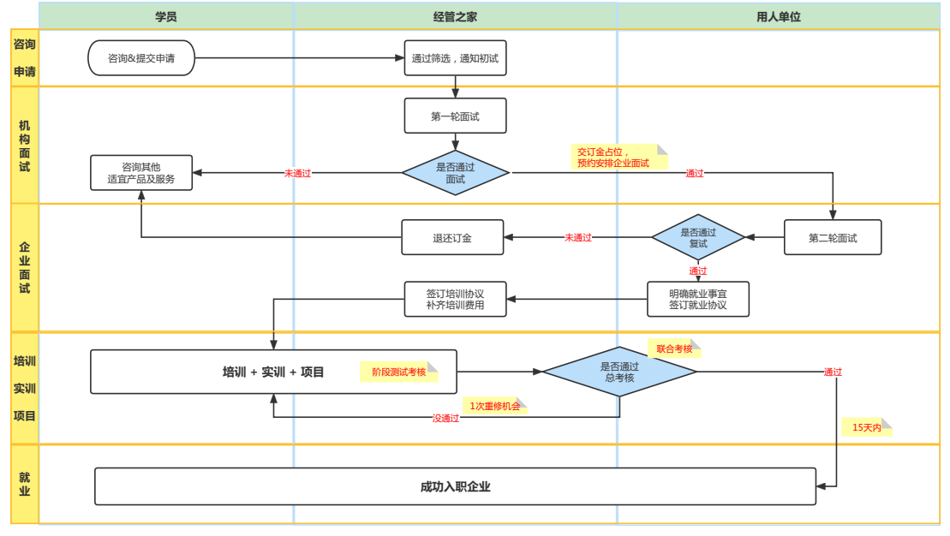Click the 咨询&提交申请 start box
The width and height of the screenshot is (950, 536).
(141, 58)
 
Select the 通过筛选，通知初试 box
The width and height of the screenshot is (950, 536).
(455, 58)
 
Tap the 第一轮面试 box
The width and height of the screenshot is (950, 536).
(455, 116)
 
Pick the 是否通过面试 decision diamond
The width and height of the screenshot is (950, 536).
(455, 173)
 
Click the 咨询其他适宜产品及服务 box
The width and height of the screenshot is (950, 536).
(141, 173)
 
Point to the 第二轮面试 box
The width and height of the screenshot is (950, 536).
(833, 238)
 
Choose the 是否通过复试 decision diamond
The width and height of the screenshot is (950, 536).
(698, 238)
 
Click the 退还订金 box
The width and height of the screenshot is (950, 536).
(452, 238)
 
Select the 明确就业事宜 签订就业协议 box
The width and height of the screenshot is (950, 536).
(698, 299)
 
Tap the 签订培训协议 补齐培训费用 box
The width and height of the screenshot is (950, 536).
(455, 299)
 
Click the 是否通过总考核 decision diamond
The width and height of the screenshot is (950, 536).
(619, 372)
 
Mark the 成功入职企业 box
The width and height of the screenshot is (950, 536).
(455, 486)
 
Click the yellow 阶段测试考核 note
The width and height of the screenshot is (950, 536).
(399, 372)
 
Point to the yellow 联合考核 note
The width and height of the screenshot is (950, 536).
(674, 348)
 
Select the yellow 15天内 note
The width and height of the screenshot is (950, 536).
(866, 426)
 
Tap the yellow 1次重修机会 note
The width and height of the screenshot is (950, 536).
(494, 406)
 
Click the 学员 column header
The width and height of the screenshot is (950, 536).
(166, 16)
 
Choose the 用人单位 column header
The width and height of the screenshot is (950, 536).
(779, 16)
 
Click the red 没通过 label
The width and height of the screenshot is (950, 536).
(445, 418)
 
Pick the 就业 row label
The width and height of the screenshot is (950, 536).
(25, 484)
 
